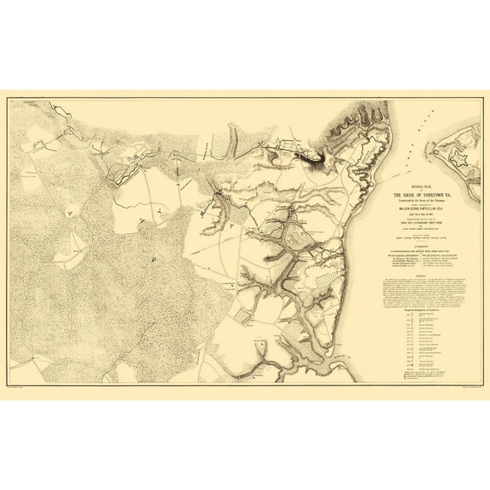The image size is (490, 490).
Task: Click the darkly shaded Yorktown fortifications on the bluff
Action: pos(298,153)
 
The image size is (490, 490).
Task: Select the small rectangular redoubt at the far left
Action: pos(39,146)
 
